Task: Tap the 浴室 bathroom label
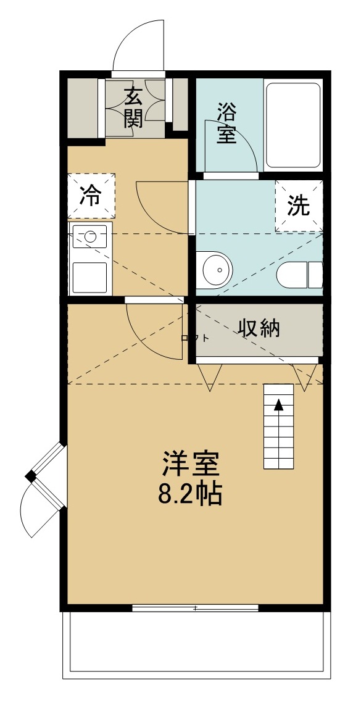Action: click(226, 123)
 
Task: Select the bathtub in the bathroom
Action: click(293, 126)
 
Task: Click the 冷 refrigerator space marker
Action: click(91, 196)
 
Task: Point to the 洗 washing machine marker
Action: click(299, 206)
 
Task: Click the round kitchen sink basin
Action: click(90, 236)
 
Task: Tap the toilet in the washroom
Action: click(300, 274)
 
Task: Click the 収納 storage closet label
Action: click(259, 328)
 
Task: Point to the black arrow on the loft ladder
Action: click(279, 405)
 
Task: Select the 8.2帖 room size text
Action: click(191, 494)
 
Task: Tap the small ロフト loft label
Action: click(194, 338)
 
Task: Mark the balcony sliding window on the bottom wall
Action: click(195, 608)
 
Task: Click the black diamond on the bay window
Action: click(31, 476)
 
